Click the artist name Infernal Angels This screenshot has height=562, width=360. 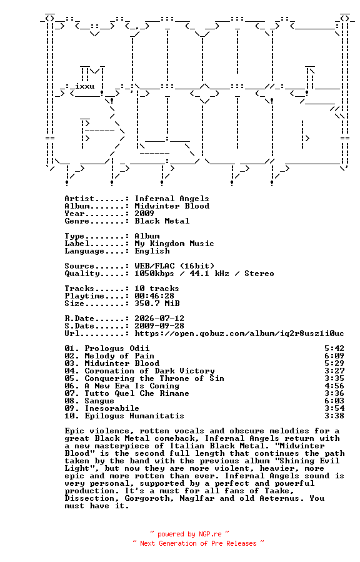pyautogui.click(x=172, y=199)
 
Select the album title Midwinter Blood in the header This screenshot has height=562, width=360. pyautogui.click(x=172, y=206)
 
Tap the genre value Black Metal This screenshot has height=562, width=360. pyautogui.click(x=162, y=221)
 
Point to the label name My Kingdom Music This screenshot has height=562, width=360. pyautogui.click(x=174, y=244)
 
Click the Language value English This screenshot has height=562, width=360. pyautogui.click(x=152, y=251)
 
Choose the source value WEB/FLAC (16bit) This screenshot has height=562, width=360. pyautogui.click(x=174, y=266)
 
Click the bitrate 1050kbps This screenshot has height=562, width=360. pyautogui.click(x=154, y=274)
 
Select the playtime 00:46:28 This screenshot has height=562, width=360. pyautogui.click(x=154, y=296)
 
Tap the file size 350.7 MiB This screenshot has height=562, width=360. pyautogui.click(x=157, y=303)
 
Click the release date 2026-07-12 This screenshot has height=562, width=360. pyautogui.click(x=159, y=318)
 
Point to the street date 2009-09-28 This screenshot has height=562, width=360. pyautogui.click(x=159, y=326)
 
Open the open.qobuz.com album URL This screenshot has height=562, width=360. pyautogui.click(x=239, y=333)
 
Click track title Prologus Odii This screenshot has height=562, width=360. pyautogui.click(x=117, y=348)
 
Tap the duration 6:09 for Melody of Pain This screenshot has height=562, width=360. pyautogui.click(x=334, y=357)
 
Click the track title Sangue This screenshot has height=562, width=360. pyautogui.click(x=99, y=401)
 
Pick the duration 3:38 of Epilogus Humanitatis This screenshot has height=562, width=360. pyautogui.click(x=334, y=416)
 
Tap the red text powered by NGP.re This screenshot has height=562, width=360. pyautogui.click(x=189, y=535)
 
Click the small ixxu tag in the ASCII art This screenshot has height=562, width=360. pyautogui.click(x=84, y=86)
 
